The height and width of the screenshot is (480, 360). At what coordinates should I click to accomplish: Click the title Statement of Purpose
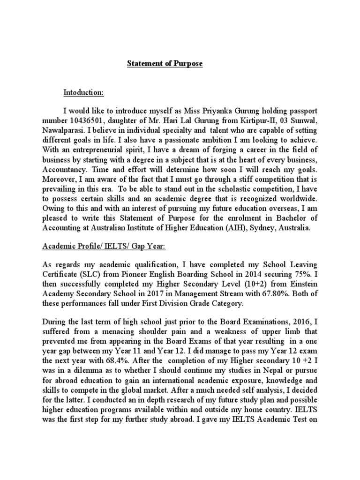[165, 64]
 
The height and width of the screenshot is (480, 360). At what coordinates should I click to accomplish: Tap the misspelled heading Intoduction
[83, 93]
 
